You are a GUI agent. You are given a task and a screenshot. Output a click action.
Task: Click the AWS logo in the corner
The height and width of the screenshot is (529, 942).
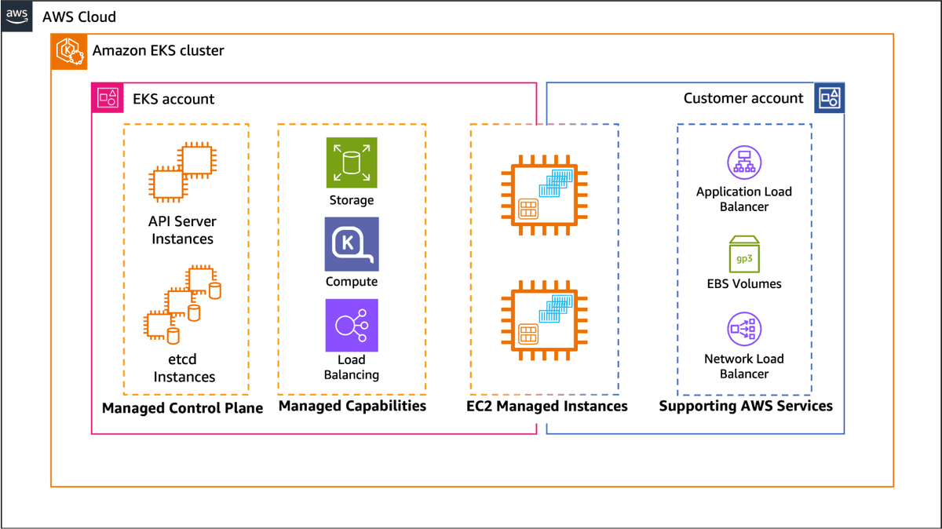pos(16,16)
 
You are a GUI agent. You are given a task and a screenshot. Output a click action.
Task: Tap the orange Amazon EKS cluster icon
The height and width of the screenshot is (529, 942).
pos(69,52)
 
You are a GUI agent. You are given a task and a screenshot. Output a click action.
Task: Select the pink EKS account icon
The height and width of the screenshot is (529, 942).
pos(108,98)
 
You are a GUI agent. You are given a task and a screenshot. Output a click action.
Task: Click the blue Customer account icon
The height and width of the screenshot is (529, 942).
pos(829,98)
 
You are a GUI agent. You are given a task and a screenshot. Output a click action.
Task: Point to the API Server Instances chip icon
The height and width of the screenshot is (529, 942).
pos(182,172)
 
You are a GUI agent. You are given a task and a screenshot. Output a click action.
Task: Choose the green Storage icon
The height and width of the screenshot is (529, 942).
pos(352,163)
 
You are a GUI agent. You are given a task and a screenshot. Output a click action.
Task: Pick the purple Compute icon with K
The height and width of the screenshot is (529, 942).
pos(352,244)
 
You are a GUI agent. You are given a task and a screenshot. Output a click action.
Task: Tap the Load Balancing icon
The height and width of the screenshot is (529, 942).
pos(352,325)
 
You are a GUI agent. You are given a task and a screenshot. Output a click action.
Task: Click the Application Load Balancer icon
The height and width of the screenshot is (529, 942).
pos(743,163)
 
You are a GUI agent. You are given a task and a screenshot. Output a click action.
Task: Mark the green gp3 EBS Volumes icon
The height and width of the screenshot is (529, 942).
pos(743,254)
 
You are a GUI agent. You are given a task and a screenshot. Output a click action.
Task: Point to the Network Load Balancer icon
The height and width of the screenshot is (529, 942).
pos(743,330)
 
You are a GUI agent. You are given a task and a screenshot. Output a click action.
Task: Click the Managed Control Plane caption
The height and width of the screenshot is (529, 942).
pos(182,408)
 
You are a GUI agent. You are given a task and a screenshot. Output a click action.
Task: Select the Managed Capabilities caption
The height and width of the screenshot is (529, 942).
pos(352,406)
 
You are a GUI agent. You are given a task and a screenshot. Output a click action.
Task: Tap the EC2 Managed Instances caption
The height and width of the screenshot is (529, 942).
pos(546,406)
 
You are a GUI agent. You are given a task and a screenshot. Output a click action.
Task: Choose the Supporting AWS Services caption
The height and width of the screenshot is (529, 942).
pos(745,406)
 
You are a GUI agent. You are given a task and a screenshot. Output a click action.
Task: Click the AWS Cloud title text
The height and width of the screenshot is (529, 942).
pos(79,16)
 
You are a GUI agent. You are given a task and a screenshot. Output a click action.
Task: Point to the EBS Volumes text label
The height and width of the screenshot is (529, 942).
pos(743,283)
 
